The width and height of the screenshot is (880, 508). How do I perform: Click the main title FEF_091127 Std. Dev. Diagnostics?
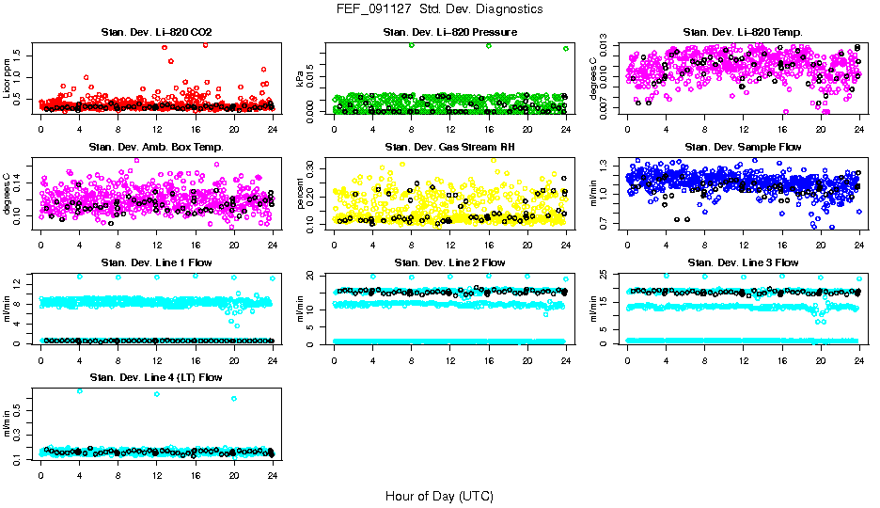(439, 8)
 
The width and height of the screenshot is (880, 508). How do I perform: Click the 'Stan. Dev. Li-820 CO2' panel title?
(156, 33)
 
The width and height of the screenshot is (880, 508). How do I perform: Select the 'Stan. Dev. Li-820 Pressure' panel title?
(449, 33)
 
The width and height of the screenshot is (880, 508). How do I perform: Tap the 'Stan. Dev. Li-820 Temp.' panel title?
(743, 33)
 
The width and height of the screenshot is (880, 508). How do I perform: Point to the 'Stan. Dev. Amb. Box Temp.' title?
(156, 148)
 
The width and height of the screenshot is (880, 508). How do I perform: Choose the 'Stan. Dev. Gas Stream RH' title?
(449, 148)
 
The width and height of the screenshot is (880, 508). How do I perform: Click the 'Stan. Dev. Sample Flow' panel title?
(743, 148)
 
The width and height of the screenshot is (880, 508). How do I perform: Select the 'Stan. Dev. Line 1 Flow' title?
(156, 262)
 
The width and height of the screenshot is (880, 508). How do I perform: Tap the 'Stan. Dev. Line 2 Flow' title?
(449, 262)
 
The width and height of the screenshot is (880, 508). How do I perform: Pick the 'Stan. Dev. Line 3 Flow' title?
(743, 262)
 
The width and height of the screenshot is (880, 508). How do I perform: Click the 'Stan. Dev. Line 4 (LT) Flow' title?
(156, 377)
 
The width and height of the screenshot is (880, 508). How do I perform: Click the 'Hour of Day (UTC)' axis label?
(439, 496)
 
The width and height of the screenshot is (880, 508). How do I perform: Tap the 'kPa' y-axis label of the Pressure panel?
(301, 81)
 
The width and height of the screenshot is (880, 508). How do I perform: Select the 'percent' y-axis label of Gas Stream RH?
(301, 193)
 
